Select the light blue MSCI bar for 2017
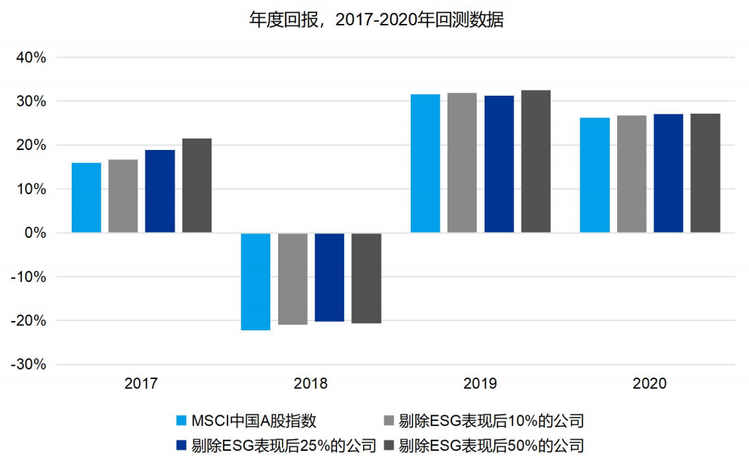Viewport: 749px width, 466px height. [86, 198]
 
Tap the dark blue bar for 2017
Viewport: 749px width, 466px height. [160, 191]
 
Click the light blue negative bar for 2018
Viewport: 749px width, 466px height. [256, 281]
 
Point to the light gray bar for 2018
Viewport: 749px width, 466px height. [293, 278]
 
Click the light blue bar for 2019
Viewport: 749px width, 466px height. [425, 164]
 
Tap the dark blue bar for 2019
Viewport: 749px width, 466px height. [499, 164]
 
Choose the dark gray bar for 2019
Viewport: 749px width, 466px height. [536, 162]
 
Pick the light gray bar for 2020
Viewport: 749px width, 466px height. [632, 174]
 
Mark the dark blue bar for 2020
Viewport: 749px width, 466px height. [669, 173]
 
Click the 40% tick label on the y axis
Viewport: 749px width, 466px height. [30, 57]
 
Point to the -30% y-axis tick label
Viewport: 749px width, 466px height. [28, 365]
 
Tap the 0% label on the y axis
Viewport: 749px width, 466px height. [34, 233]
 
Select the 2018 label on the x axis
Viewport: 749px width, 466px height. [311, 384]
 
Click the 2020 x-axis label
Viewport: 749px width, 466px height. [650, 384]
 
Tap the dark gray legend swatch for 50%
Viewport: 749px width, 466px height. [388, 445]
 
